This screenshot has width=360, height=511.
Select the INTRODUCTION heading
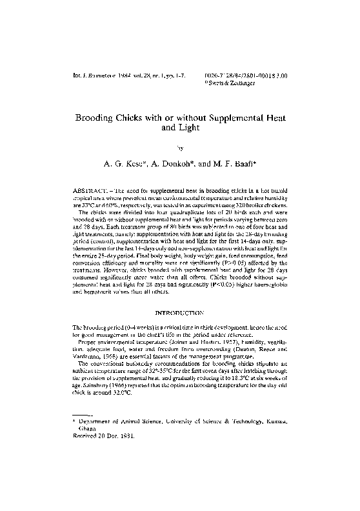(x=179, y=312)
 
